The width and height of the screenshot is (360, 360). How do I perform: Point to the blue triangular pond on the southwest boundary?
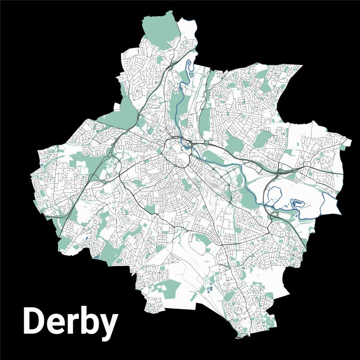click(x=96, y=257)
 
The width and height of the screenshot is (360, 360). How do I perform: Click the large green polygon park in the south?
click(x=169, y=288)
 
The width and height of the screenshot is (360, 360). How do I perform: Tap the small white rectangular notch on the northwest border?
click(x=117, y=107)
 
